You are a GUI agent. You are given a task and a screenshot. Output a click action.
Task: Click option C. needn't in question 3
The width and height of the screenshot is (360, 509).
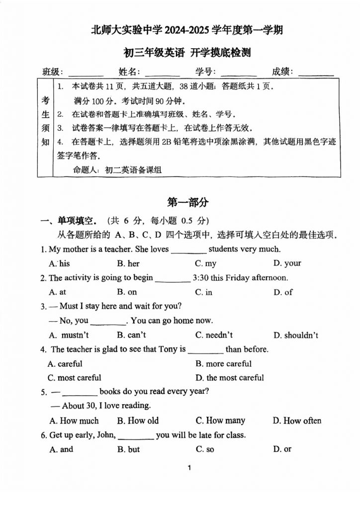pos(214,335)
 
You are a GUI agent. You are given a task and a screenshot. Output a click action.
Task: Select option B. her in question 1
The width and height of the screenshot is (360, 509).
pos(128,263)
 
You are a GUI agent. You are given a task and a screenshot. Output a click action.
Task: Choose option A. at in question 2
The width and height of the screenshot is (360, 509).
pos(58,292)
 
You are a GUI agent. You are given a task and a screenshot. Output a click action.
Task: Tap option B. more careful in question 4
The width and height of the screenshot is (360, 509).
pos(223,364)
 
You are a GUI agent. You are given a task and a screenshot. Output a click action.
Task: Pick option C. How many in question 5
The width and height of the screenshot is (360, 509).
pos(220,421)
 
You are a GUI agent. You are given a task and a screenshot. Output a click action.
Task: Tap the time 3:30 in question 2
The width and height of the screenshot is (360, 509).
pos(201,278)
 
